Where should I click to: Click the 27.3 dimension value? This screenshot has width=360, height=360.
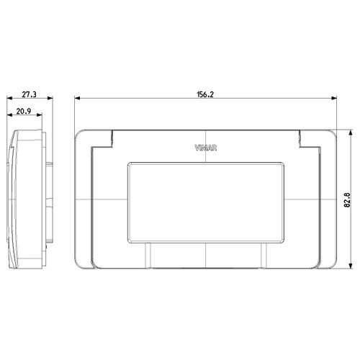[29, 94]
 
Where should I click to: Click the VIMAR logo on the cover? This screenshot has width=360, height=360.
[206, 149]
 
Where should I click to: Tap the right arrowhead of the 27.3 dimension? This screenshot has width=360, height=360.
[50, 100]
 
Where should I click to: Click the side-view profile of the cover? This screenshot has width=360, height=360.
[25, 200]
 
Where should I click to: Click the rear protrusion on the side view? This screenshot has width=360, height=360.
[48, 200]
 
